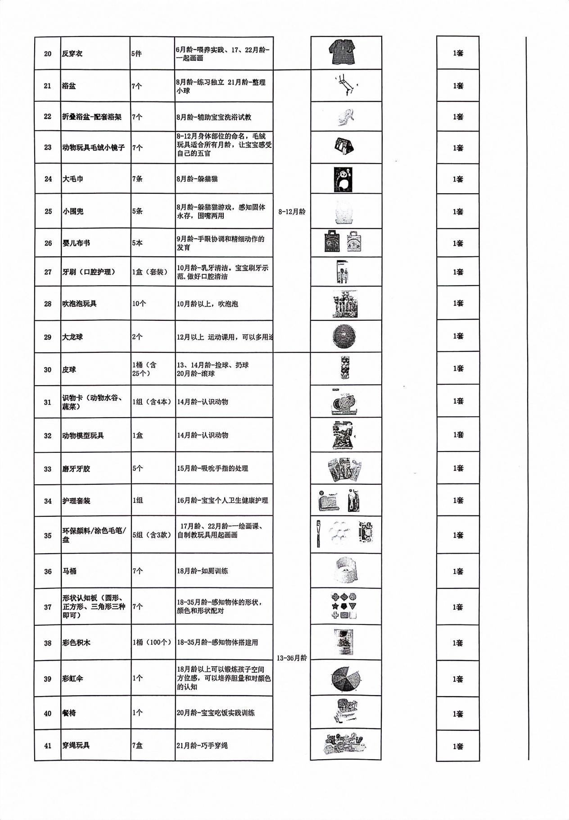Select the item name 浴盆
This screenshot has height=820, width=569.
69,86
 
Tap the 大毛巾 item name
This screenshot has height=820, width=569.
73,179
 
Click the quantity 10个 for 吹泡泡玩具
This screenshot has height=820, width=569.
139,304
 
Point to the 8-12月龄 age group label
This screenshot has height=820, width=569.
292,212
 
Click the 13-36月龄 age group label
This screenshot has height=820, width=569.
292,658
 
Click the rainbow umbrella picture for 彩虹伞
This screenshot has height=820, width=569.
346,679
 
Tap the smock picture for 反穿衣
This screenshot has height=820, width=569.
346,53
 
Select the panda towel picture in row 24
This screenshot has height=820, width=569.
343,179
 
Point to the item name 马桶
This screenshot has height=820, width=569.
69,571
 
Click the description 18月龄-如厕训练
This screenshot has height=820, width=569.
202,571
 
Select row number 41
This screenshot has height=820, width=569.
48,746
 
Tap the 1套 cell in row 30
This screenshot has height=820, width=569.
458,369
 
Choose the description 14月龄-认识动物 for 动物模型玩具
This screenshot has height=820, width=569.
203,435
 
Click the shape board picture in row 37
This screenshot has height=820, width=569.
344,606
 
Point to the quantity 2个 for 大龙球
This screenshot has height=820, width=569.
137,337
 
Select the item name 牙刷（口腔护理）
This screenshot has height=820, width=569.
89,272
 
